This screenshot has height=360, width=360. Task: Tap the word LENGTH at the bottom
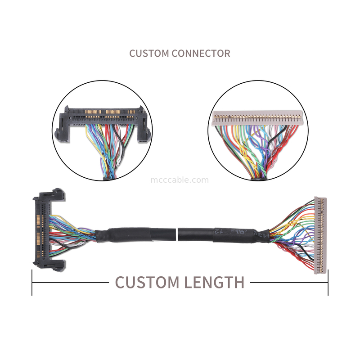[214, 283]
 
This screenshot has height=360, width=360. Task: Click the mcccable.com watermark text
[179, 180]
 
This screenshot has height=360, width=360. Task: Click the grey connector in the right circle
[255, 118]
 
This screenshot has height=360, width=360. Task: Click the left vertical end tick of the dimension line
[32, 283]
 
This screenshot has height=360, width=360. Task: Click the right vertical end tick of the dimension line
[328, 283]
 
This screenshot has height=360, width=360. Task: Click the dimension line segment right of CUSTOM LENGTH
[288, 283]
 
